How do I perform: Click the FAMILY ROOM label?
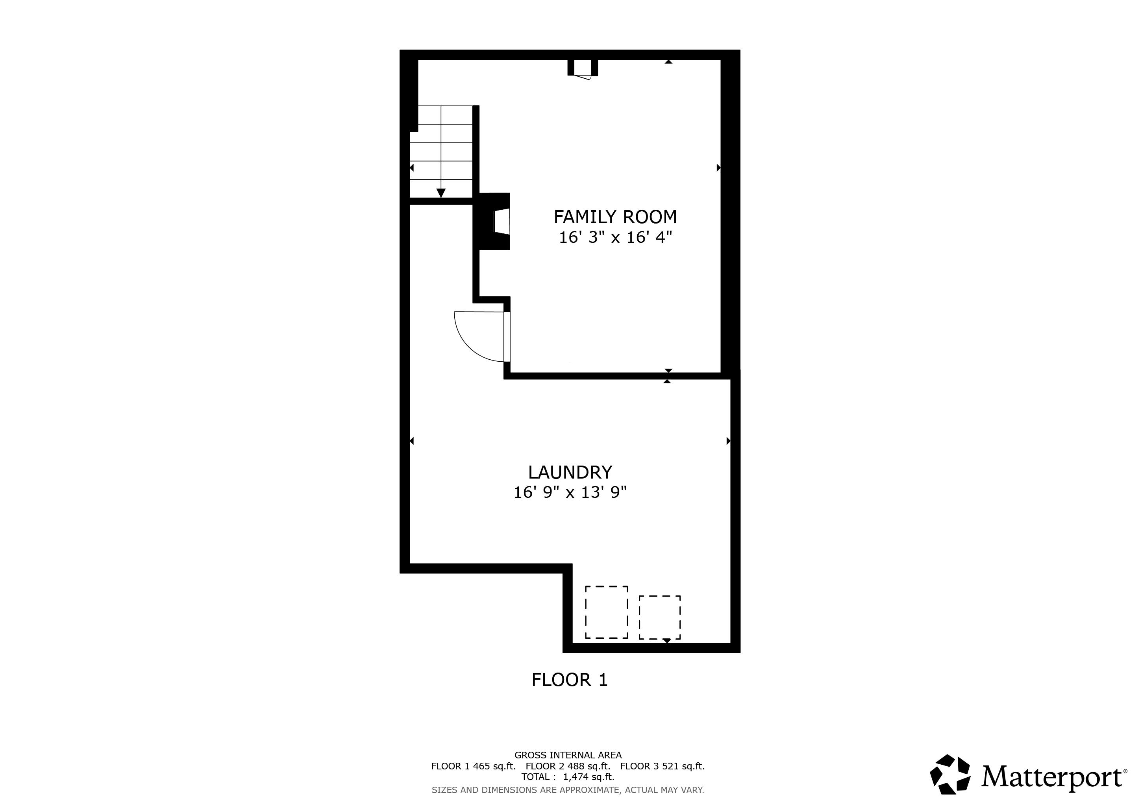[x=615, y=217]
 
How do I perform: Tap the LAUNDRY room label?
[x=570, y=472]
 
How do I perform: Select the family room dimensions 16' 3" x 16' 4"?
[x=615, y=238]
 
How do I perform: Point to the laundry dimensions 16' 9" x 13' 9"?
[x=570, y=492]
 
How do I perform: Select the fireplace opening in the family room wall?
[x=502, y=221]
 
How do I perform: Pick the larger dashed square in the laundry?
[x=606, y=612]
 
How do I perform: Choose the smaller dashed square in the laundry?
[x=659, y=617]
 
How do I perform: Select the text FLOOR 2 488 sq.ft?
[x=568, y=766]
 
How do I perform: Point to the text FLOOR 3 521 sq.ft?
[x=663, y=766]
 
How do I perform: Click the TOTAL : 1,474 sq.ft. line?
[x=568, y=777]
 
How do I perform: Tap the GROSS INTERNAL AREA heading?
[x=568, y=755]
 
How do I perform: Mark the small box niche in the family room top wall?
[x=583, y=68]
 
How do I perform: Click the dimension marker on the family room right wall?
[x=718, y=168]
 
